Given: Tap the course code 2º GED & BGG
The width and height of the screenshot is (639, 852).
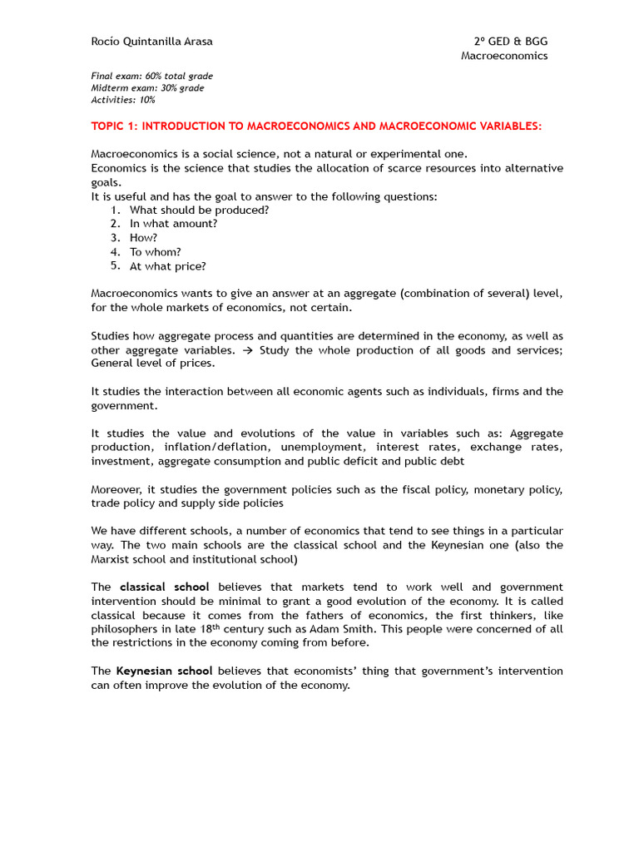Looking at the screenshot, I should click(x=511, y=42).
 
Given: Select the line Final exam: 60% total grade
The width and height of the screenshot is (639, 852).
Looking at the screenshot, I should click(x=151, y=77).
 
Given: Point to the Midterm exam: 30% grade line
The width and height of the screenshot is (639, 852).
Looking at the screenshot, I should click(x=147, y=88).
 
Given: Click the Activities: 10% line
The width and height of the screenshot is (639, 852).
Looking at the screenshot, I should click(x=123, y=100).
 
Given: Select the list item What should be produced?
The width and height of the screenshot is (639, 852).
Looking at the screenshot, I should click(x=199, y=211).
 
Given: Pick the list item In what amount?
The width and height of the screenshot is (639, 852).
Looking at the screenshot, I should click(x=173, y=225).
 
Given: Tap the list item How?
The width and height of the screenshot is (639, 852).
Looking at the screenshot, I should click(x=143, y=239).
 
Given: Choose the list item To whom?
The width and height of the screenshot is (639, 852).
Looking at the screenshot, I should click(x=155, y=253).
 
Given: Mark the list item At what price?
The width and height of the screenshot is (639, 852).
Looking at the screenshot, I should click(x=167, y=267).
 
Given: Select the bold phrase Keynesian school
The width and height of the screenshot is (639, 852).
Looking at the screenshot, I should click(x=166, y=671).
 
